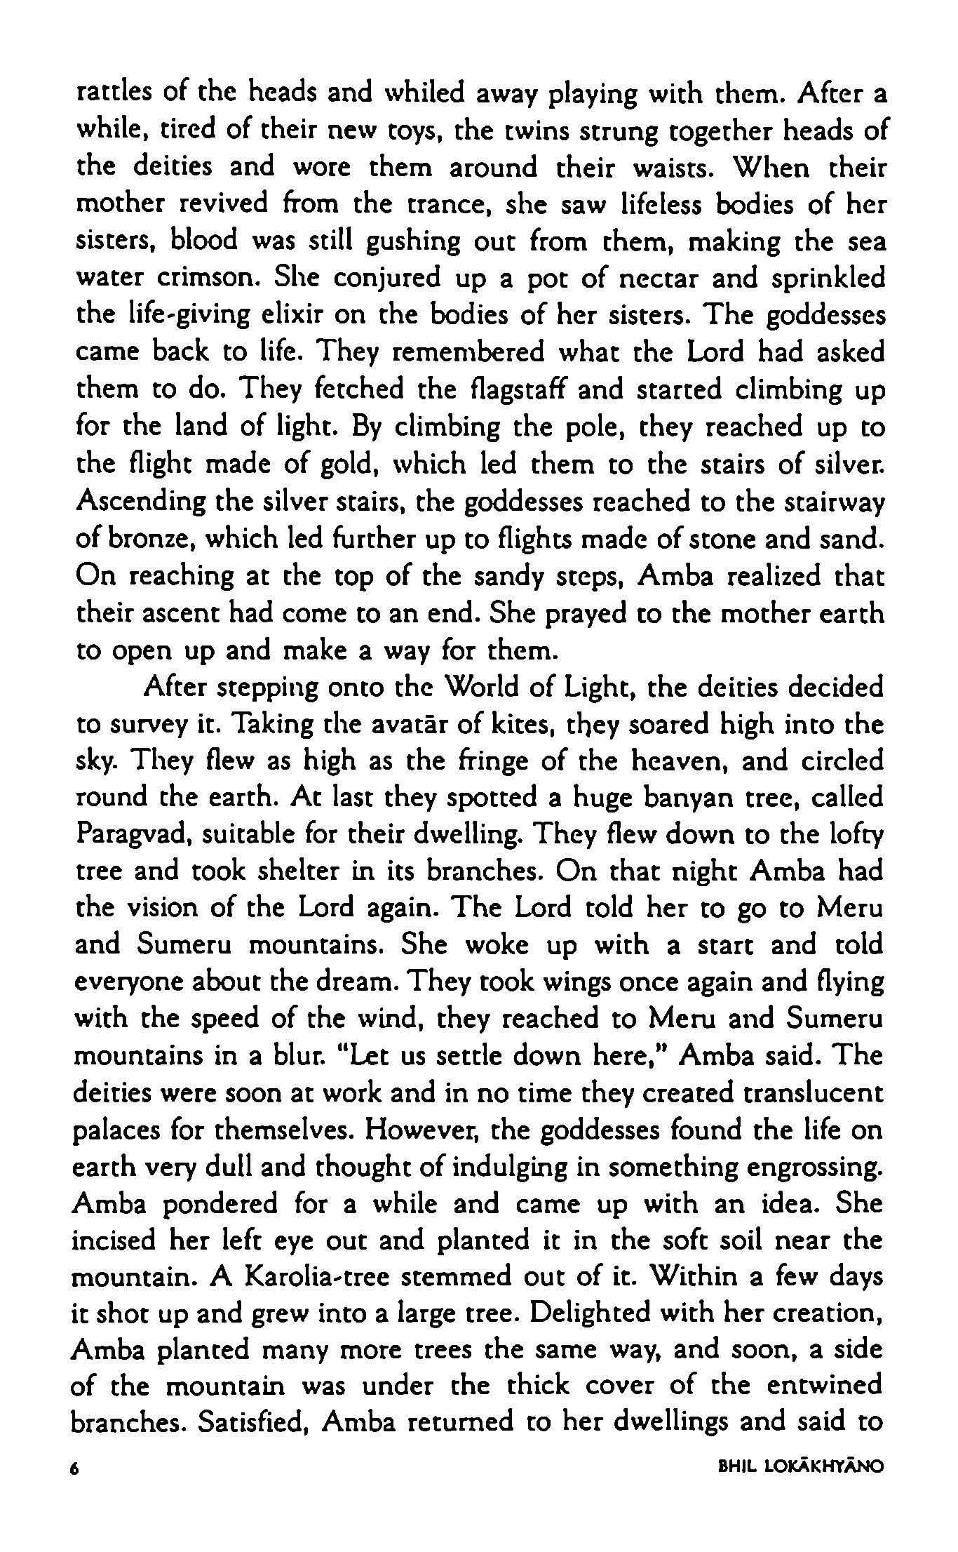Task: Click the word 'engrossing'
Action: pos(811,1168)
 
